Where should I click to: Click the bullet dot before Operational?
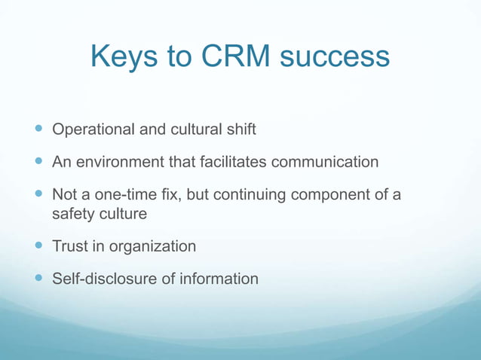point(38,130)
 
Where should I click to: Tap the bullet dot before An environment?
point(38,162)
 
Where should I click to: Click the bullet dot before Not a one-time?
point(38,195)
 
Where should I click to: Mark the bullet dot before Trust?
point(38,246)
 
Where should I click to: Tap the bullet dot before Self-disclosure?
point(38,279)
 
